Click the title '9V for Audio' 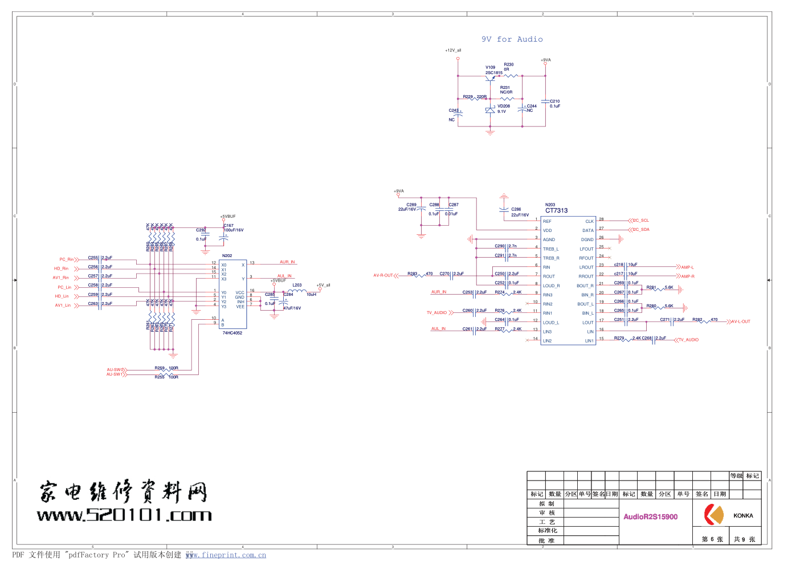512,39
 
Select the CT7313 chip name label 556,210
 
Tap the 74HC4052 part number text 232,333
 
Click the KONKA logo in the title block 715,515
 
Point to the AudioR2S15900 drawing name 650,517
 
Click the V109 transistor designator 490,67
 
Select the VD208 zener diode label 503,106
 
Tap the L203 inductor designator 297,285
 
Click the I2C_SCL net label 640,220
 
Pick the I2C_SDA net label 640,230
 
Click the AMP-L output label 687,267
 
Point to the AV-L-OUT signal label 740,321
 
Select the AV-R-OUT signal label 383,275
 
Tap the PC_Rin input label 67,259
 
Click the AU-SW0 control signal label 115,370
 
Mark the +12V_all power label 453,50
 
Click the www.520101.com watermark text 124,515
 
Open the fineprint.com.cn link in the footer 226,555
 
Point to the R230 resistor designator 508,64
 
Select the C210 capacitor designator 554,101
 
